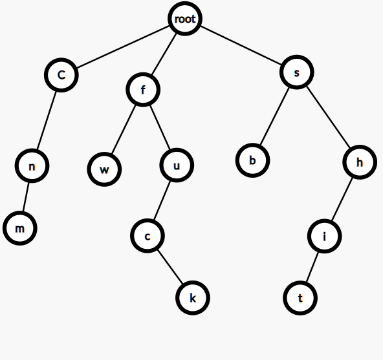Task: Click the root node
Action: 185,19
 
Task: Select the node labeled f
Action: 143,90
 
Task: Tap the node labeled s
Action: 297,72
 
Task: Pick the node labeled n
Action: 32,166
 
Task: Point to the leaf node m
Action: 20,228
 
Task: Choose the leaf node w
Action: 104,169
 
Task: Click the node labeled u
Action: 177,165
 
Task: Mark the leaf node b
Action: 252,160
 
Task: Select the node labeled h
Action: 360,162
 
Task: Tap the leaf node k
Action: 193,298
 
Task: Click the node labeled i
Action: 324,236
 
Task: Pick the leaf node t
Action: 300,298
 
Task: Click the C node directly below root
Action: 61,75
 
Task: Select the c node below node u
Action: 148,236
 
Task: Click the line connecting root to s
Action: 241,45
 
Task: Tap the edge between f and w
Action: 123,130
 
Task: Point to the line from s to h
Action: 328,117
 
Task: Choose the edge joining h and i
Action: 342,199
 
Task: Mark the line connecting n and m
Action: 26,197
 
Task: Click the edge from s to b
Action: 275,116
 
